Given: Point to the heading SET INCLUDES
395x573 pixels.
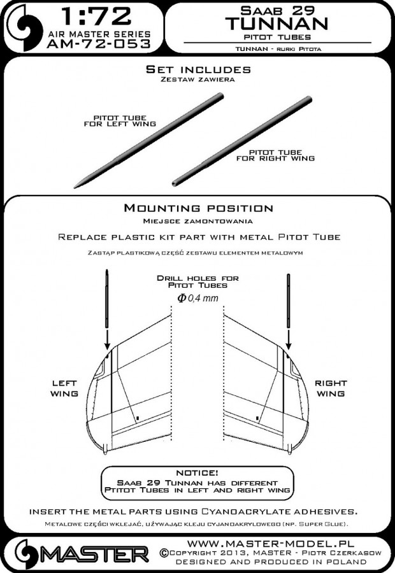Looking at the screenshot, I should coord(198,68).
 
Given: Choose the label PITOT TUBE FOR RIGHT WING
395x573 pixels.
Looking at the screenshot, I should coord(282,155).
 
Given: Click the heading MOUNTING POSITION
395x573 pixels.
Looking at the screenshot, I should coord(198,208).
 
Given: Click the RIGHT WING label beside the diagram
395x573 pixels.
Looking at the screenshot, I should coord(331,389).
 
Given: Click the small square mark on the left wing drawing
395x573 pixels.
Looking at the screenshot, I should coord(138,418).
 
